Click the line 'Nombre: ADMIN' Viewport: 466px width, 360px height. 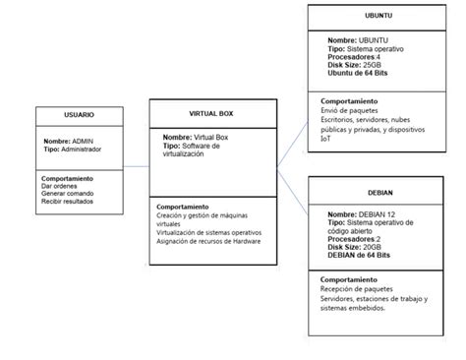point(69,141)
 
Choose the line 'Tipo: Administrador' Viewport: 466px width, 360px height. point(72,150)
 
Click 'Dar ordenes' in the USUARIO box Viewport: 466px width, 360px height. point(60,186)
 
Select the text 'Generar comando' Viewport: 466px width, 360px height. point(67,194)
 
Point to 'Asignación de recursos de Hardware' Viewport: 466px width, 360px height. point(207,241)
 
